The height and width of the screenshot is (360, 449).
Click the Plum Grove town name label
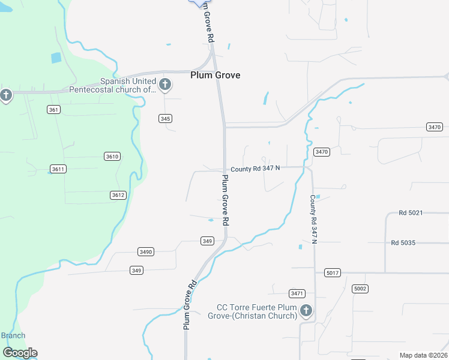tap(215, 75)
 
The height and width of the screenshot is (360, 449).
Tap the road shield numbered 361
tap(54, 109)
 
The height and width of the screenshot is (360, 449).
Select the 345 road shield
tap(166, 119)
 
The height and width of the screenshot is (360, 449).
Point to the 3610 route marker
tap(112, 156)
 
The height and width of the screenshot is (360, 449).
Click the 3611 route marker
tap(58, 169)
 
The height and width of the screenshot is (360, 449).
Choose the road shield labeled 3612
tap(118, 195)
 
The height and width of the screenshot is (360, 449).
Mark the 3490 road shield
tap(145, 251)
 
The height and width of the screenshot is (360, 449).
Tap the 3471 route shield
tap(297, 293)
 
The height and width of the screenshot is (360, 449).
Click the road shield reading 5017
tap(332, 273)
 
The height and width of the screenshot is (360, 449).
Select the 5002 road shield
tap(360, 289)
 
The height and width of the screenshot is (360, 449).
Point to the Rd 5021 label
tap(411, 213)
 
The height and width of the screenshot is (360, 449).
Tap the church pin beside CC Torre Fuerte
tap(306, 311)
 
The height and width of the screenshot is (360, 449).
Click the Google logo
tap(20, 353)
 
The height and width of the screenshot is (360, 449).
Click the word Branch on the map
tap(13, 335)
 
